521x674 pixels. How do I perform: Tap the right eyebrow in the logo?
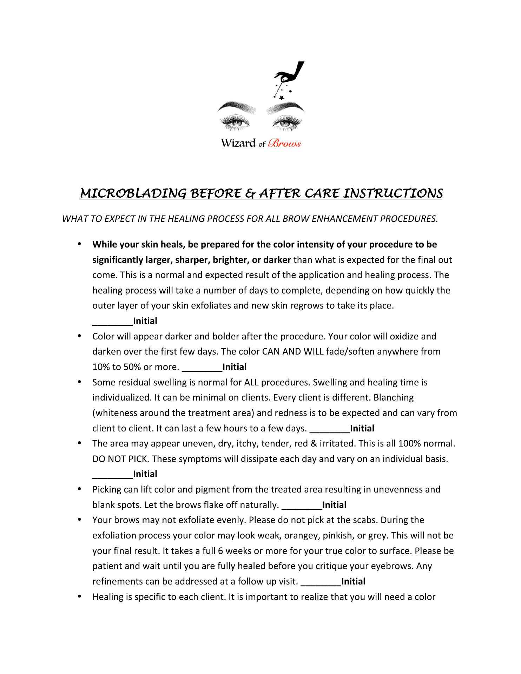(285, 106)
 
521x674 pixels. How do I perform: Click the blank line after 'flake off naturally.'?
(302, 505)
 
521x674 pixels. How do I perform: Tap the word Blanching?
(394, 398)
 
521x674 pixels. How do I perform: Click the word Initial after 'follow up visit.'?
(353, 582)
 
